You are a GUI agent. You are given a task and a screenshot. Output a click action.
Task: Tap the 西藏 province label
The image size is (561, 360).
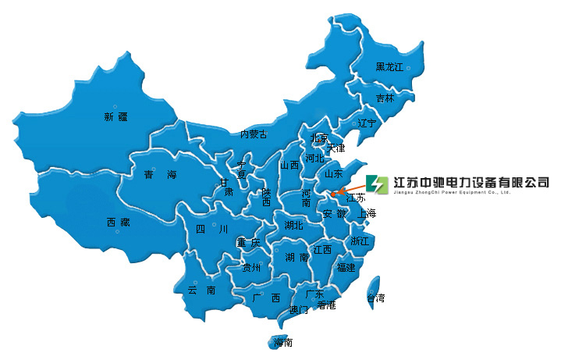point(119,223)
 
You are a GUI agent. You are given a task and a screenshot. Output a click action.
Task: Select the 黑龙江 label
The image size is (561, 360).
point(390,67)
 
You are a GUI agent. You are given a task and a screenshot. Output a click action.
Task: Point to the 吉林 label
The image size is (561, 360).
point(385,98)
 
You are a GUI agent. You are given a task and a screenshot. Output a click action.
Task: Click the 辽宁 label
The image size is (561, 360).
point(367,123)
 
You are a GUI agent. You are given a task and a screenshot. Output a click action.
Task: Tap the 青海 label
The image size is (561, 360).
point(155,175)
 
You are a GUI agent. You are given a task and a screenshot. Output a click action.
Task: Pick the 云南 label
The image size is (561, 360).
point(201,290)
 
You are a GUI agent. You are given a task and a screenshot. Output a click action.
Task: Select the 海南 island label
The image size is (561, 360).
point(283,342)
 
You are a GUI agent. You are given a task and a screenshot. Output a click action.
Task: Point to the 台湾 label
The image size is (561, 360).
point(375,298)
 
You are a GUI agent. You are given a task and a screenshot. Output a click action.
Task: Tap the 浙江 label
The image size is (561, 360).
point(360,241)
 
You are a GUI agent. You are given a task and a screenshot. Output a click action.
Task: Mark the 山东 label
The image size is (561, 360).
point(334,173)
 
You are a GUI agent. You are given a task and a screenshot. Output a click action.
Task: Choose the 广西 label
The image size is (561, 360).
point(266,298)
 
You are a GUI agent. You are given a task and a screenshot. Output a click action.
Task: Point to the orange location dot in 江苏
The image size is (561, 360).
point(333,194)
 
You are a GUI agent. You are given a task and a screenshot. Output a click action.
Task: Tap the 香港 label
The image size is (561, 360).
point(326,305)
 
